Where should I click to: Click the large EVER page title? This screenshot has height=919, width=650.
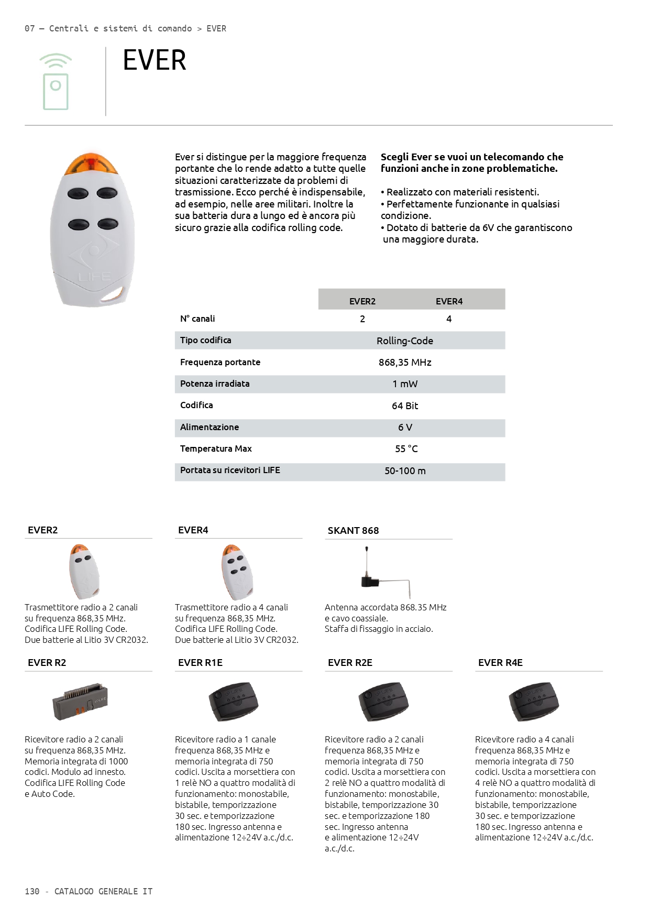point(155,60)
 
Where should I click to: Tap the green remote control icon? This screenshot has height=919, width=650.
point(56,82)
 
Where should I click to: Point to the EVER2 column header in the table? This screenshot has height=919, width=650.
point(362,301)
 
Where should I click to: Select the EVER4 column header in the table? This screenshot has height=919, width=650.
point(449,301)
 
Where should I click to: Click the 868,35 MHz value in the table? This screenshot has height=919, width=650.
point(405,363)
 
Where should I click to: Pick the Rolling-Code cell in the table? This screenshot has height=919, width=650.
point(405,341)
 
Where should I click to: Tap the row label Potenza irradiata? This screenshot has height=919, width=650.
point(215,384)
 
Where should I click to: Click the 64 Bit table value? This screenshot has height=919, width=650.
point(405,406)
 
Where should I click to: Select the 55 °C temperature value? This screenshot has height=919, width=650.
point(406,449)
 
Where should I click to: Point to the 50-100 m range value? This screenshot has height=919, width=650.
point(405,471)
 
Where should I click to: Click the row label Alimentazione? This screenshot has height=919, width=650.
point(210,427)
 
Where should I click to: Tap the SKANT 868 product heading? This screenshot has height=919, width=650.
point(353,531)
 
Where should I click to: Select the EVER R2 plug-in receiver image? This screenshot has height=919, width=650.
point(80,702)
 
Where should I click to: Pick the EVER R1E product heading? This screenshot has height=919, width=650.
point(200,663)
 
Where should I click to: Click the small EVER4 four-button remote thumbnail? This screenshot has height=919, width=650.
point(237,572)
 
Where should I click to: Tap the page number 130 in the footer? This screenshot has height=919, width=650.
point(32,891)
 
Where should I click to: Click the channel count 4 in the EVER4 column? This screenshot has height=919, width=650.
point(449,319)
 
